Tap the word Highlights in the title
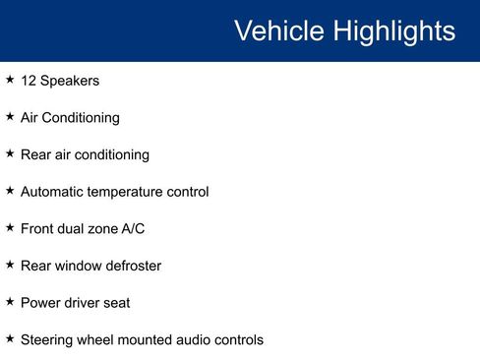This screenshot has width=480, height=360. click(393, 30)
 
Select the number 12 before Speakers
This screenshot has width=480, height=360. click(29, 81)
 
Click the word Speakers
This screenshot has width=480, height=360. click(70, 81)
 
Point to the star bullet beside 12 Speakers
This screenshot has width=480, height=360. click(10, 80)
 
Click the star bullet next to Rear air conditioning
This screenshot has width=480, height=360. click(10, 153)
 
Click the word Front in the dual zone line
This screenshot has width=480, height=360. click(38, 229)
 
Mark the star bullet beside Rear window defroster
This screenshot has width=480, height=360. click(10, 265)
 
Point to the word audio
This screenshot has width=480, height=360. click(198, 340)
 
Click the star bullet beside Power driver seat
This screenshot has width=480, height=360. click(10, 302)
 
